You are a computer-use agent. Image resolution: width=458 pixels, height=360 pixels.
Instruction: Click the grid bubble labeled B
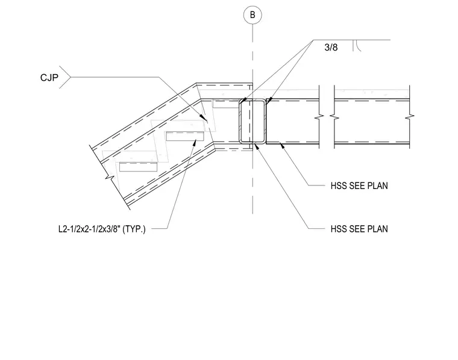coord(253,15)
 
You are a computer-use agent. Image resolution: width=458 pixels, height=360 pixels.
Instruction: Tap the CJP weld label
coord(49,78)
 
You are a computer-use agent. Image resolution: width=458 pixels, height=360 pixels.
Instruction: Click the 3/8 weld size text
coord(331,48)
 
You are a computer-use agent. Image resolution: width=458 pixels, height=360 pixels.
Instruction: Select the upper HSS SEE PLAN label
coord(359,186)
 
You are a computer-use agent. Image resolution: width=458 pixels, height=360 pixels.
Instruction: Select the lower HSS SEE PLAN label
coord(359,229)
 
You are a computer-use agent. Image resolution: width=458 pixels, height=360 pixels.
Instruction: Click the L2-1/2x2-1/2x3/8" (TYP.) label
coord(102,229)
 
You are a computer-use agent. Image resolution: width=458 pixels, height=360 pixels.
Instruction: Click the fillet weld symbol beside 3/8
coord(357,46)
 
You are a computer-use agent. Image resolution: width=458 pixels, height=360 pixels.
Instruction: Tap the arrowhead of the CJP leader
coord(204,117)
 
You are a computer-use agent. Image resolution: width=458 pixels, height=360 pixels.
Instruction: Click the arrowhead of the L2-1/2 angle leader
coord(195,143)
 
